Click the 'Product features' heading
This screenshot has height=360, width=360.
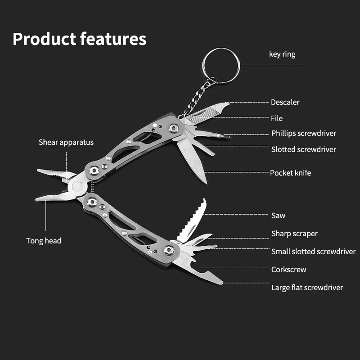pyautogui.click(x=79, y=39)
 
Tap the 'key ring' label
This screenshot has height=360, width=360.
pyautogui.click(x=282, y=54)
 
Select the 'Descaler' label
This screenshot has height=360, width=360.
pyautogui.click(x=285, y=102)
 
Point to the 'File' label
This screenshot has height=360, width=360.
pyautogui.click(x=277, y=118)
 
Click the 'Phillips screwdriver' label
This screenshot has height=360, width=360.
pyautogui.click(x=303, y=133)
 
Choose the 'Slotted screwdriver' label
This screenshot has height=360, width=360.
pyautogui.click(x=303, y=149)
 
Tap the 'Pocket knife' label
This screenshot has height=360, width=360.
pyautogui.click(x=290, y=173)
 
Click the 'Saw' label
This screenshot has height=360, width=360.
pyautogui.click(x=278, y=216)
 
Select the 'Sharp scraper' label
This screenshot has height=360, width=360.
pyautogui.click(x=294, y=234)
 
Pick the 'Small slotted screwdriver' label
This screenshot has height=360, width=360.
pyautogui.click(x=313, y=252)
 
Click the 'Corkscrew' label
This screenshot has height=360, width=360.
pyautogui.click(x=288, y=270)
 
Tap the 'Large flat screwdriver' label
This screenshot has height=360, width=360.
pyautogui.click(x=307, y=288)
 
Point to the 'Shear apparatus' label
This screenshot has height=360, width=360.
pyautogui.click(x=66, y=142)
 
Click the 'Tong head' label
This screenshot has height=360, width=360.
pyautogui.click(x=44, y=241)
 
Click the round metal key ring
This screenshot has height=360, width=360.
pyautogui.click(x=220, y=65)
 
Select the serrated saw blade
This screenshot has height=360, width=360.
pyautogui.click(x=191, y=220)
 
